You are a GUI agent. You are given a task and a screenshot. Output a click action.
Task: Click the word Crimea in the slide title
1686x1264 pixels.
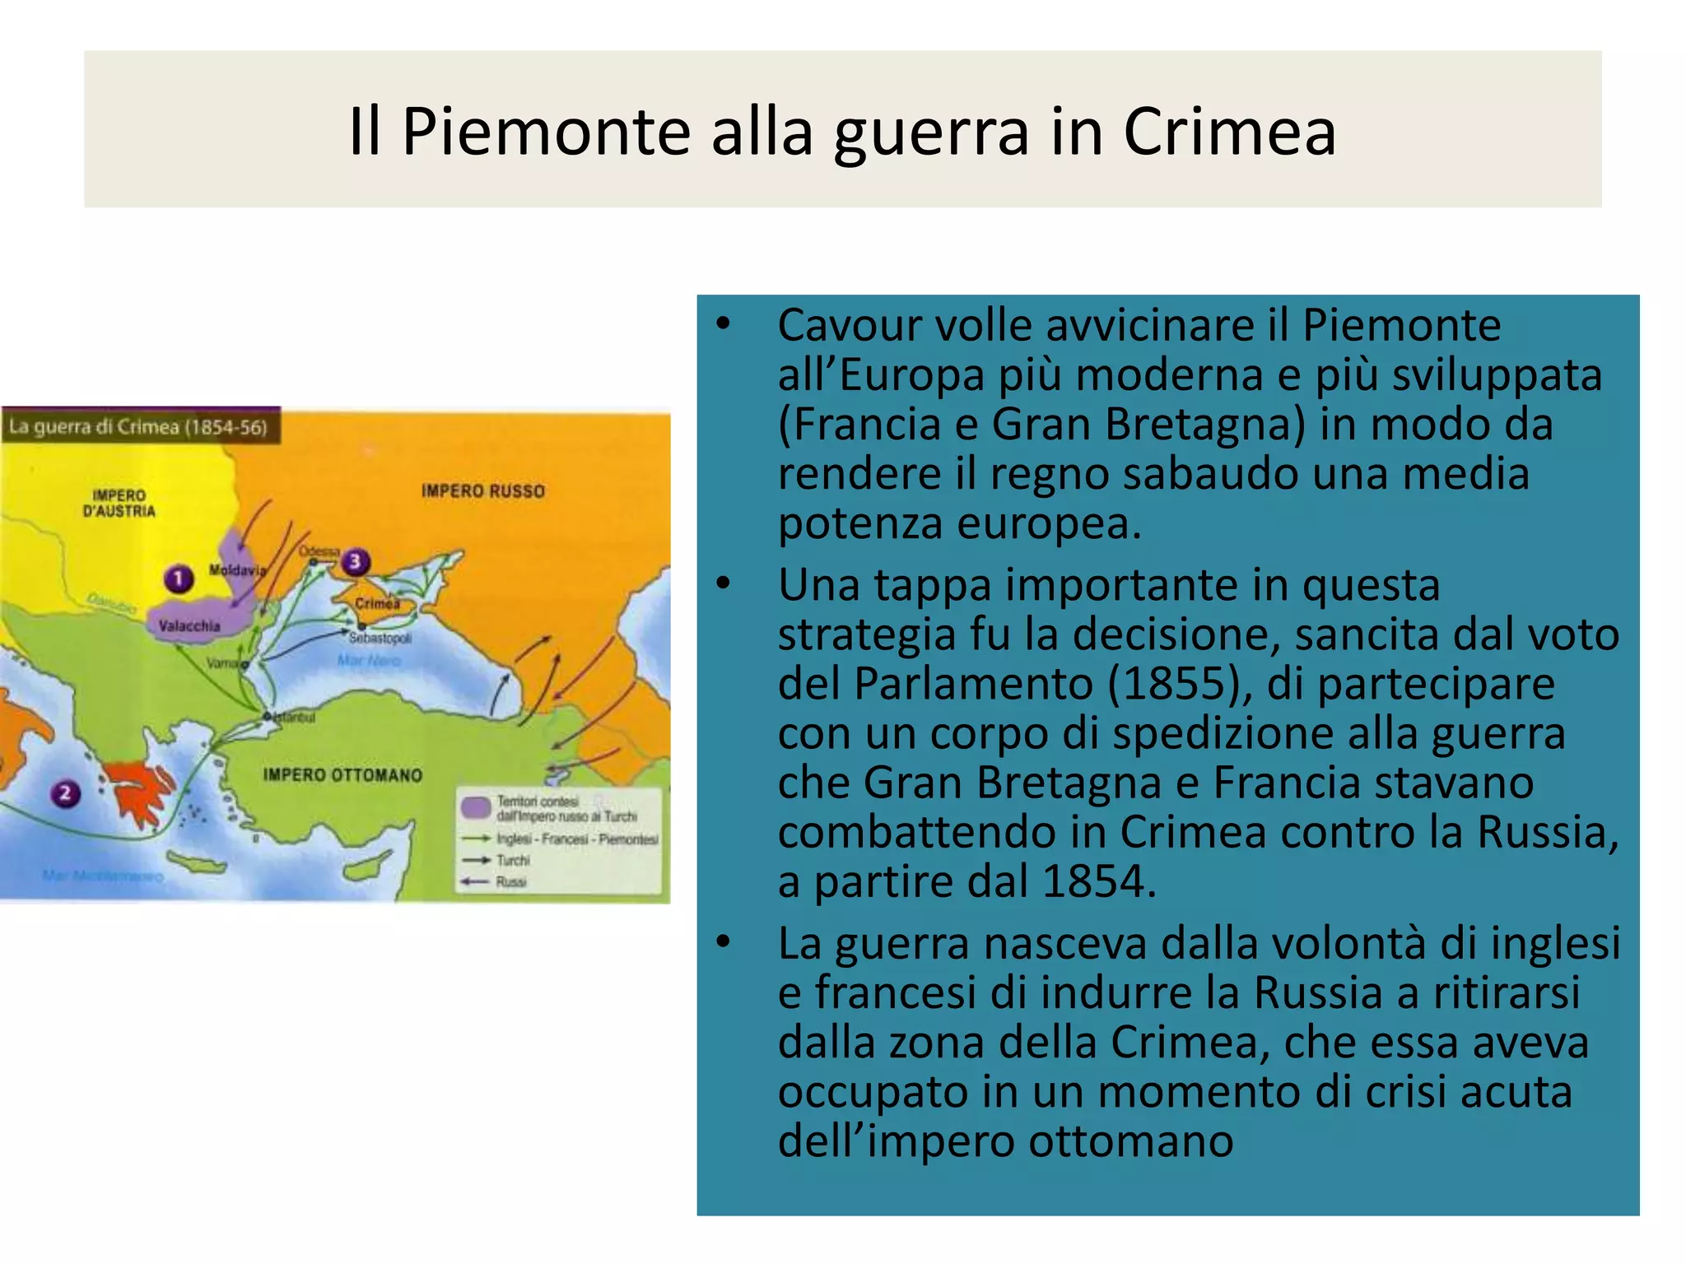point(1229,132)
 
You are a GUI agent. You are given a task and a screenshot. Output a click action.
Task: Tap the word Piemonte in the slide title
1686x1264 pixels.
point(546,132)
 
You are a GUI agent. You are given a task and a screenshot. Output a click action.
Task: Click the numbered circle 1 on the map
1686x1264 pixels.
point(178,579)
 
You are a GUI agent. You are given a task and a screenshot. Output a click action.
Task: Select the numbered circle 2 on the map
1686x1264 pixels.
point(65,793)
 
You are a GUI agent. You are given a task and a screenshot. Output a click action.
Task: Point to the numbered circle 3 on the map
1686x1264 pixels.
point(355,562)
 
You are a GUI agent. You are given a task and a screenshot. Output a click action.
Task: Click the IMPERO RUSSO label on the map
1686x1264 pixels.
point(483,491)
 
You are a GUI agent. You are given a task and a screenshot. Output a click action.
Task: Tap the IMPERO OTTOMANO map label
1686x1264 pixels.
point(342,775)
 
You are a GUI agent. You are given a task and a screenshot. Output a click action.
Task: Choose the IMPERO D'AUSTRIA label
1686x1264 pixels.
point(119,503)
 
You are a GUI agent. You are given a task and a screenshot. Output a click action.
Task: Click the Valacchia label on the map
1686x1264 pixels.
point(189,626)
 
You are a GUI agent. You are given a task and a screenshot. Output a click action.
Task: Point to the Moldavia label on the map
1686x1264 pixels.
point(237,569)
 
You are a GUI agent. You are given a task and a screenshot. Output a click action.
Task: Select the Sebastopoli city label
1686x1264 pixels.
point(380,638)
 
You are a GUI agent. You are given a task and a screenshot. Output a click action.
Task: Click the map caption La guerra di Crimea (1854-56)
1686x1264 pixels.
point(138,427)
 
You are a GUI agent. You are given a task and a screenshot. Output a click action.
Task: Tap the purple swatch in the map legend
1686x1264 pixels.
point(476,807)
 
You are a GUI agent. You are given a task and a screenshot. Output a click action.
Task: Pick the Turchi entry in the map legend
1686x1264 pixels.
point(513,860)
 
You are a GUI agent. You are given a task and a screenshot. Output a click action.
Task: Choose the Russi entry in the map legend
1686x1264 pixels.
point(510,881)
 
